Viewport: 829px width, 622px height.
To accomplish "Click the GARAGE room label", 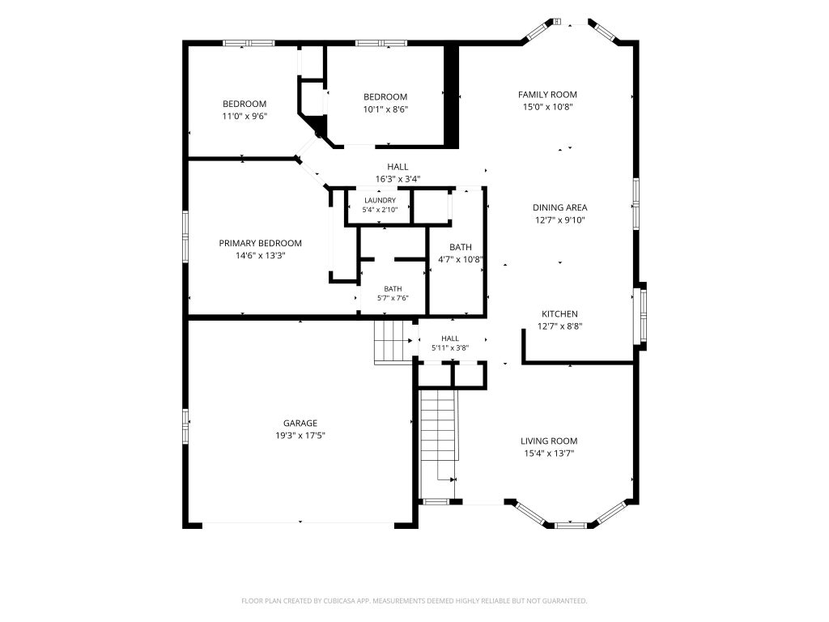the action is [300, 423].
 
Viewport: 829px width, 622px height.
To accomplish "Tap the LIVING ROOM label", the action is [549, 441].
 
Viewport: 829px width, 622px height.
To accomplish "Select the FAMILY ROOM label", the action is [547, 95].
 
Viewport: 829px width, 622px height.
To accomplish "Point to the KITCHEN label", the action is [559, 314].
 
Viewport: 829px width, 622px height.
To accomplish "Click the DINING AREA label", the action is [560, 208].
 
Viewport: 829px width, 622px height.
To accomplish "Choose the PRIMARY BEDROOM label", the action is [260, 243].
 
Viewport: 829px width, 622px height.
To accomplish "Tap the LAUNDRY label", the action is [380, 201].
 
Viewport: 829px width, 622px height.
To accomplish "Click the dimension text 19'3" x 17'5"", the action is [300, 436].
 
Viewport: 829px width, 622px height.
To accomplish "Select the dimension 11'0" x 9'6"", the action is [244, 117].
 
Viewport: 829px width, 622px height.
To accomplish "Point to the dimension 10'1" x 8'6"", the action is [385, 109].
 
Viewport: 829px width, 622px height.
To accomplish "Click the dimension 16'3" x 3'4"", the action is [397, 179].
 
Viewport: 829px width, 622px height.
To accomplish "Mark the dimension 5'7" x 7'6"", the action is [393, 298].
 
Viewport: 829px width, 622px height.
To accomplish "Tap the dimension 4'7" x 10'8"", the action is [461, 260].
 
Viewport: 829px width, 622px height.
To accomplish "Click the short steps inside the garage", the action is [393, 342].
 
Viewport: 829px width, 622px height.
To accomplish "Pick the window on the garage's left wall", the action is [185, 425].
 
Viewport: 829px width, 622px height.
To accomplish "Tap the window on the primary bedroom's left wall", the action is [185, 236].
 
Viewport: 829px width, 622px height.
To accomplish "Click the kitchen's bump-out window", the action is [643, 317].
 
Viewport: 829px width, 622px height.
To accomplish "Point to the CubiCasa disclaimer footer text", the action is [414, 601].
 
